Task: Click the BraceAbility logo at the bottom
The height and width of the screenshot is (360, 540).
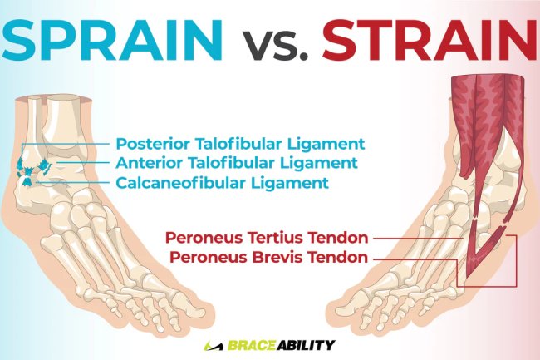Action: click(x=269, y=344)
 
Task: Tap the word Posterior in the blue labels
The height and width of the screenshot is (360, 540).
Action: click(x=155, y=143)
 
